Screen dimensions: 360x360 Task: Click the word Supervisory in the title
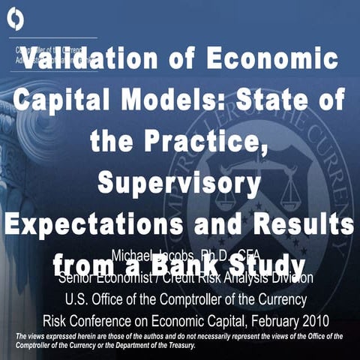tap(181, 181)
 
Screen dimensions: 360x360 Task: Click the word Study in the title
tap(268, 265)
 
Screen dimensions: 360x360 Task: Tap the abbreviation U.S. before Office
tap(79, 299)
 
